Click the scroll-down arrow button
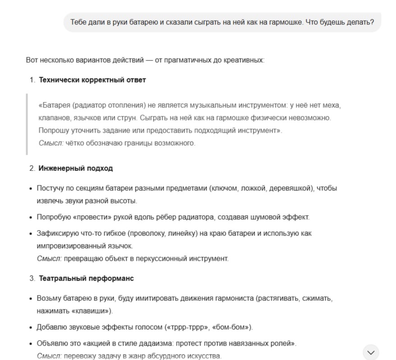click(371, 352)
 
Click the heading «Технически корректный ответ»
click(92, 80)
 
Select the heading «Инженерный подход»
click(75, 168)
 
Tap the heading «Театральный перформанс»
click(86, 278)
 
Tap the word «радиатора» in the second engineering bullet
click(198, 217)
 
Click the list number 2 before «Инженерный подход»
click(32, 168)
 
